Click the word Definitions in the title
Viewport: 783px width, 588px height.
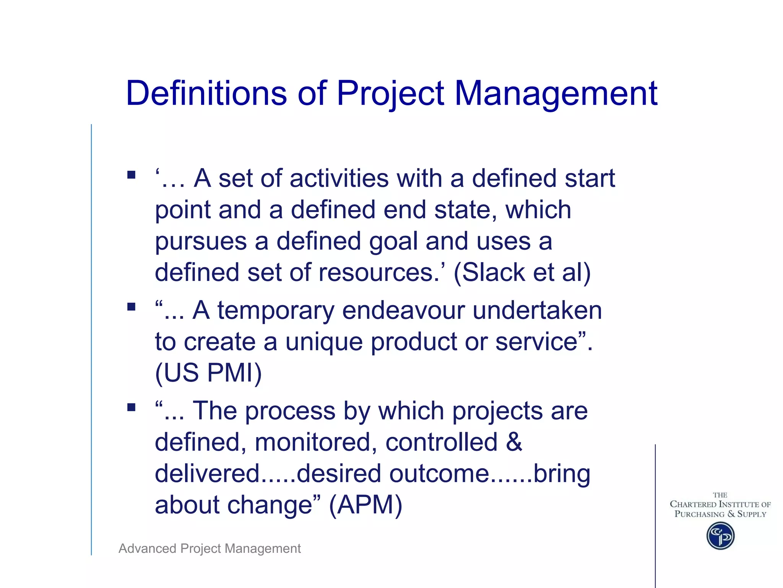pyautogui.click(x=206, y=93)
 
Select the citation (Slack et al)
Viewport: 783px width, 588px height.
pyautogui.click(x=522, y=273)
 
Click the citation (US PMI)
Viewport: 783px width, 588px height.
pyautogui.click(x=208, y=372)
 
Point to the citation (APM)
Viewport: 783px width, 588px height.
pyautogui.click(x=366, y=505)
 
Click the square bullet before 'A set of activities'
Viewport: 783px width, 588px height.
pyautogui.click(x=132, y=175)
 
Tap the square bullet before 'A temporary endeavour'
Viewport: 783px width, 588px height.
pyautogui.click(x=132, y=307)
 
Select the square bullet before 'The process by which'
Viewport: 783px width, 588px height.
pyautogui.click(x=132, y=407)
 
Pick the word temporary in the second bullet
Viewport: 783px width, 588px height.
pyautogui.click(x=276, y=311)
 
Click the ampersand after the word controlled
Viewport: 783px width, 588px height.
pyautogui.click(x=514, y=442)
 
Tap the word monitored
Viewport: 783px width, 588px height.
pyautogui.click(x=313, y=443)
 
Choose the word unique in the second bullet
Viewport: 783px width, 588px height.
pyautogui.click(x=324, y=342)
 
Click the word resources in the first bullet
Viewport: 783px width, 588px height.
pyautogui.click(x=379, y=273)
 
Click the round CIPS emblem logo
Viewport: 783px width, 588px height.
pyautogui.click(x=720, y=536)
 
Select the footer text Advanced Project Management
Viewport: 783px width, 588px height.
pyautogui.click(x=210, y=549)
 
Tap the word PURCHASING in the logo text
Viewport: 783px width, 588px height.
pyautogui.click(x=699, y=514)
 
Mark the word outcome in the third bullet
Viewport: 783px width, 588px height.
pyautogui.click(x=439, y=474)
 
